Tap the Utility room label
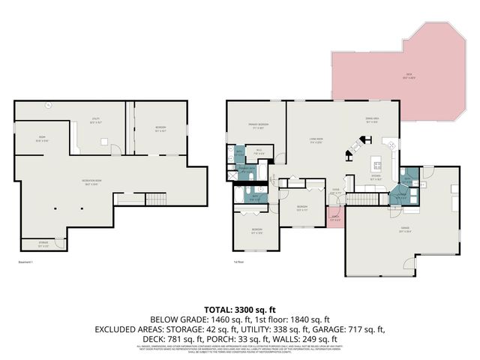point(94,122)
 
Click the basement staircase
point(155,199)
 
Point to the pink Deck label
point(409,74)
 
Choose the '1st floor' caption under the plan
point(238,262)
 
